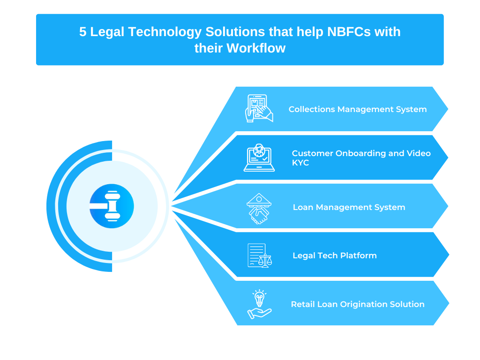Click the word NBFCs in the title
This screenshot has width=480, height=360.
(349, 32)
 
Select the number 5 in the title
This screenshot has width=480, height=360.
(82, 32)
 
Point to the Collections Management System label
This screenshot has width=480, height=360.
(358, 109)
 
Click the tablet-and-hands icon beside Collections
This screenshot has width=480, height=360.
(259, 108)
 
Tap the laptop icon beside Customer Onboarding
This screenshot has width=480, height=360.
(259, 157)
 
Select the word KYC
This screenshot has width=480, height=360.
(300, 163)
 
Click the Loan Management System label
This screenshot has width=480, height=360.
(349, 207)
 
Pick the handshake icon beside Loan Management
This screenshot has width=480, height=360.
(259, 209)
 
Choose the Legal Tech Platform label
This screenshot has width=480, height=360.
(335, 255)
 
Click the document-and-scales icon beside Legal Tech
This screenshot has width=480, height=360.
(260, 255)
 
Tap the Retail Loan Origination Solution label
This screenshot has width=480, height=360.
(358, 304)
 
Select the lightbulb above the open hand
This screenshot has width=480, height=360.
(259, 298)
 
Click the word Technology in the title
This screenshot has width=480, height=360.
(165, 32)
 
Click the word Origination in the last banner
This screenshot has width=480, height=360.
(361, 305)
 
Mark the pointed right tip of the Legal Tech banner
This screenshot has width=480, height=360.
(449, 255)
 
